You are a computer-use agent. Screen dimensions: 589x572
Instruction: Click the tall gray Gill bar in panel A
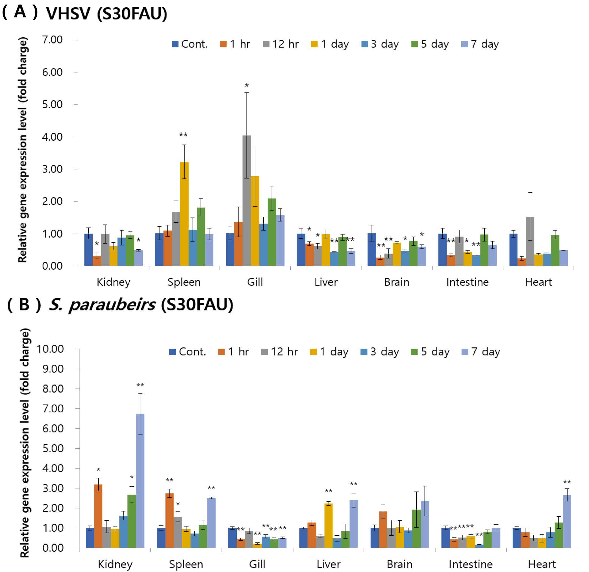click(246, 200)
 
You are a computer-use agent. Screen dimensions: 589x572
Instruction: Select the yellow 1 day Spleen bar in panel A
click(184, 214)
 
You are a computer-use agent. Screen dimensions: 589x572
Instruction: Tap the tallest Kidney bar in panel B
click(140, 481)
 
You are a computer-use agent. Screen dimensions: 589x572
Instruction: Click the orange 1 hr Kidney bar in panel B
click(98, 516)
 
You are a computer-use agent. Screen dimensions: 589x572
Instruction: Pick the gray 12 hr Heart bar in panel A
click(530, 241)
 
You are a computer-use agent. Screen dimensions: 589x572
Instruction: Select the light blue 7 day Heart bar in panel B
click(567, 521)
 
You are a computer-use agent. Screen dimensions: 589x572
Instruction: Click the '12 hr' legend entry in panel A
click(281, 44)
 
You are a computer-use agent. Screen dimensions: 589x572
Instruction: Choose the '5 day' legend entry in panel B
click(430, 352)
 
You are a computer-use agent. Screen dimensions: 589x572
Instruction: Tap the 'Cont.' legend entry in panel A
click(190, 44)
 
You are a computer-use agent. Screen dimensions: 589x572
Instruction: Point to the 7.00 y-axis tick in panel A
click(52, 40)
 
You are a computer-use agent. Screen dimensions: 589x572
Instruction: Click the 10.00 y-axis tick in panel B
click(50, 349)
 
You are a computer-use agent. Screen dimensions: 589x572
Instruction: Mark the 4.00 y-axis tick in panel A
click(52, 137)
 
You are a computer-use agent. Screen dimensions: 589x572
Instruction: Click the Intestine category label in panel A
click(467, 282)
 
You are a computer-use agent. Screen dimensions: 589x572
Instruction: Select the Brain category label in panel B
click(399, 564)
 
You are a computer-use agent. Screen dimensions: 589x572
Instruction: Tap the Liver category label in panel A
click(326, 282)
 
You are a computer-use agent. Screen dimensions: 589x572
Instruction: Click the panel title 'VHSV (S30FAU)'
click(107, 14)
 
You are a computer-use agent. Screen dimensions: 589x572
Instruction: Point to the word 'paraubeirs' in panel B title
click(112, 305)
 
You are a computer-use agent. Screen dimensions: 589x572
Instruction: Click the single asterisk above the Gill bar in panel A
click(247, 86)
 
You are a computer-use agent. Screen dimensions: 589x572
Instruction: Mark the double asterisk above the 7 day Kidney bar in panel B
click(140, 385)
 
